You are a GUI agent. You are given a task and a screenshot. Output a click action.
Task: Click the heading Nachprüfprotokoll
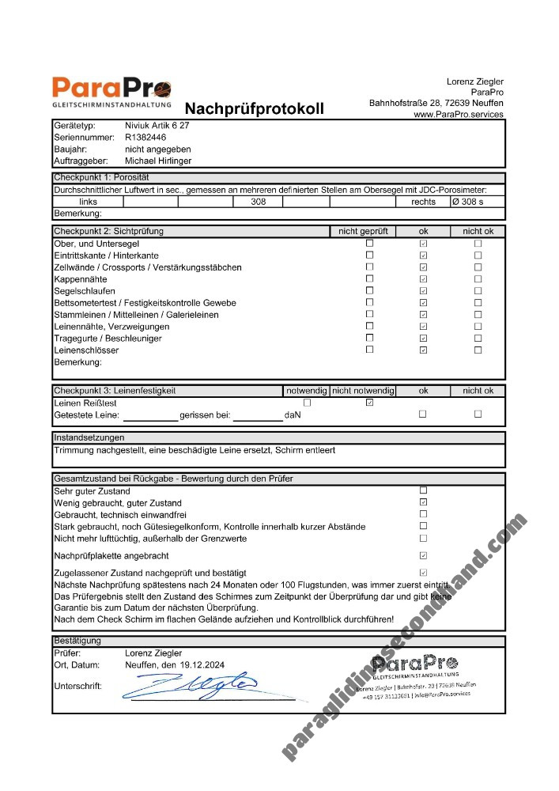[x=254, y=108]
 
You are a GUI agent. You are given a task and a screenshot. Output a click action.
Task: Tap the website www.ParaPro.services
[x=458, y=115]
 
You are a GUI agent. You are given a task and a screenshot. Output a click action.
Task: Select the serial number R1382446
[x=145, y=137]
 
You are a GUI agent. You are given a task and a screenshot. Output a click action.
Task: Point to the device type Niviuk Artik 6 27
[x=157, y=126]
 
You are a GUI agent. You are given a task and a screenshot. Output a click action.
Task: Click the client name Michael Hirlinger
[x=158, y=161]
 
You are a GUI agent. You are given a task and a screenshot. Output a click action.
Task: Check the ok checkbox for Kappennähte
[x=423, y=279]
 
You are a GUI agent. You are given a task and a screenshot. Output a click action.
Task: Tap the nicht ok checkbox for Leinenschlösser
[x=478, y=350]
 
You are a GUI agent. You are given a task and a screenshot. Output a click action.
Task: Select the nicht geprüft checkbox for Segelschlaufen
[x=369, y=291]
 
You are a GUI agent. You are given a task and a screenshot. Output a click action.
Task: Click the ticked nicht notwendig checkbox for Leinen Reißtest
[x=369, y=403]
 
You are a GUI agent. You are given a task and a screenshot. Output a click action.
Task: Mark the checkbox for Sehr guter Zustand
[x=423, y=490]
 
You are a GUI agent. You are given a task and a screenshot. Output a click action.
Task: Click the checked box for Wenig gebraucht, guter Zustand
[x=423, y=502]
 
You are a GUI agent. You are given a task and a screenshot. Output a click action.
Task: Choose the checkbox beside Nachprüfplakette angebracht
[x=423, y=556]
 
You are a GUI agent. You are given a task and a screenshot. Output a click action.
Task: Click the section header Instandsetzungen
[x=89, y=437]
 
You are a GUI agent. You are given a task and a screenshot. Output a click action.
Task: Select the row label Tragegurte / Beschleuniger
[x=108, y=339]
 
